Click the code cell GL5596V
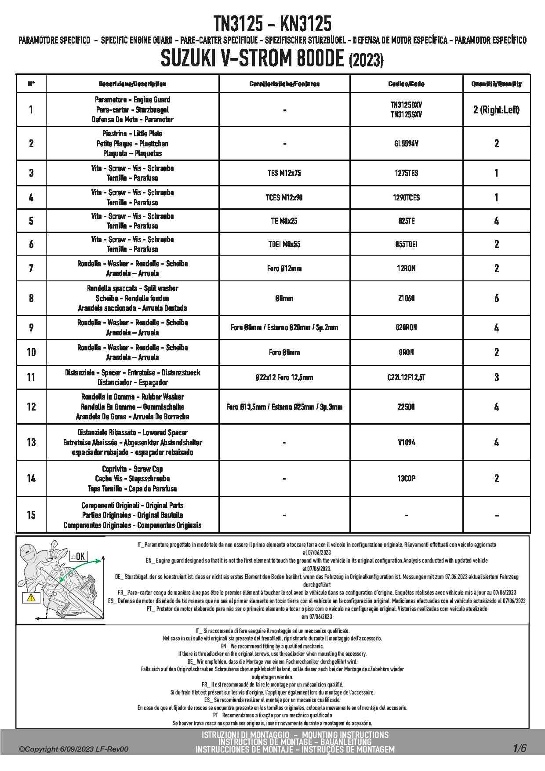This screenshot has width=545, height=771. point(406,143)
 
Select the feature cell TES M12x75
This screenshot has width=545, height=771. point(284,173)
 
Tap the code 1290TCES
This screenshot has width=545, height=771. point(406,197)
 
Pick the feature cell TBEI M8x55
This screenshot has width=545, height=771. point(284,244)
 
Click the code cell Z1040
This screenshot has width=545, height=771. point(406,298)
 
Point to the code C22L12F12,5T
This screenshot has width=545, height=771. point(406,377)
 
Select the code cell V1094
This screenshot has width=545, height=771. point(406,442)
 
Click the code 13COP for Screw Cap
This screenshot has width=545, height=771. point(406,478)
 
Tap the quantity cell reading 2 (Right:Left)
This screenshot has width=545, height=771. point(496,109)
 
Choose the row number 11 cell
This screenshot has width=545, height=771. point(31,377)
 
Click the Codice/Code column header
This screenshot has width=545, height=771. point(406,84)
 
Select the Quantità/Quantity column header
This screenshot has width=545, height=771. point(496,84)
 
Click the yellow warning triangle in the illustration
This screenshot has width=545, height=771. point(31,598)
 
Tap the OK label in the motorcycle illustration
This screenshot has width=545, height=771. point(80,556)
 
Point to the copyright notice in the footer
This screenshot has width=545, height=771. point(74,749)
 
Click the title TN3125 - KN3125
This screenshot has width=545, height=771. point(272,24)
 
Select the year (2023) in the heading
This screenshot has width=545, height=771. point(366,60)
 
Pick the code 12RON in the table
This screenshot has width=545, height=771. point(406,268)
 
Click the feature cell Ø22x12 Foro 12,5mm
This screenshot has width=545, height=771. point(284,377)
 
